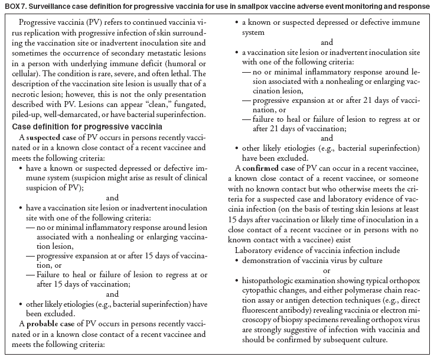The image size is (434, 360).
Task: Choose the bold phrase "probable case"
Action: click(55, 323)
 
